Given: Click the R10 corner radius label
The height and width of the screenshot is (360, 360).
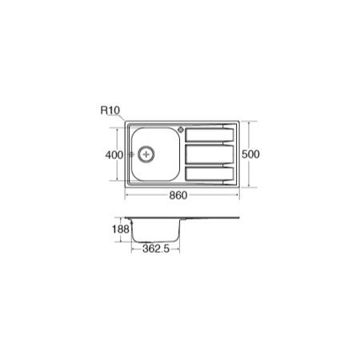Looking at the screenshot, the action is point(110,110).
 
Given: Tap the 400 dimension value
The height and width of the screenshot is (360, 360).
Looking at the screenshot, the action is point(114,154).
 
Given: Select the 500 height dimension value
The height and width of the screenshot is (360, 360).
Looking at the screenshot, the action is point(250,154).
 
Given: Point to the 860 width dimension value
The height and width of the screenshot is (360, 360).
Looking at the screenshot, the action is point(178,195).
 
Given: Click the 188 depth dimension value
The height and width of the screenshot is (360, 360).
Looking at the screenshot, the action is point(121,229).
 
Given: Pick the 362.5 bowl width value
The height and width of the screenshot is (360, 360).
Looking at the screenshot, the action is point(156,249).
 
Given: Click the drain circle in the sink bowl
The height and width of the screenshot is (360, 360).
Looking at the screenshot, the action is point(146,154).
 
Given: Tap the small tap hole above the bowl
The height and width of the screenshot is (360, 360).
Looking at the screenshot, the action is point(181,130).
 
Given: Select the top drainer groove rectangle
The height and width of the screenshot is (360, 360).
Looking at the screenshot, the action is point(210,135).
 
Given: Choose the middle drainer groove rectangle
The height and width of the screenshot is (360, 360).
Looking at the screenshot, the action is point(210,154).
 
